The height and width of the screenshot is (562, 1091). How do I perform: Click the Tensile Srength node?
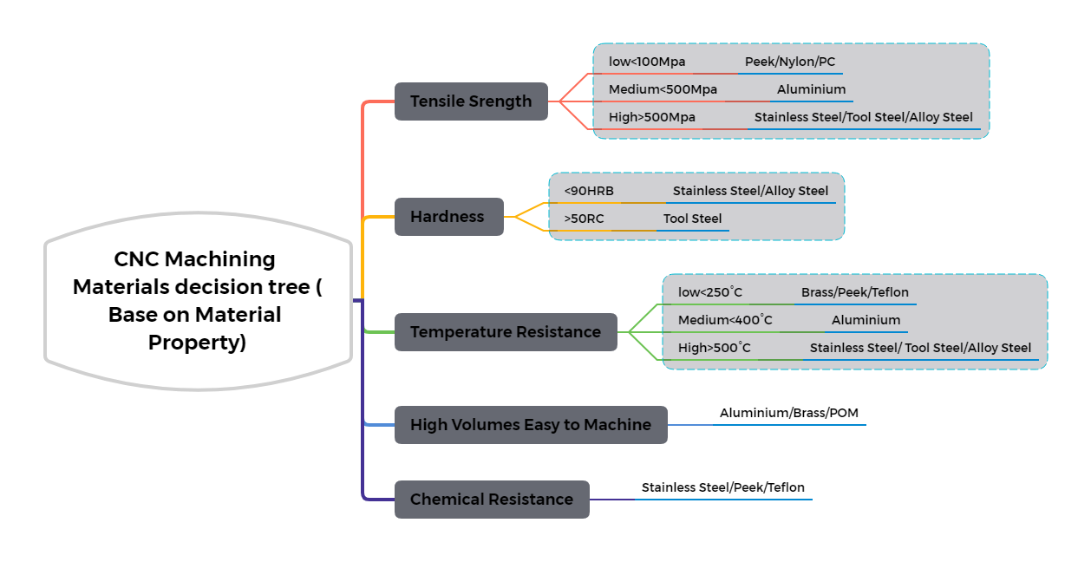[471, 101]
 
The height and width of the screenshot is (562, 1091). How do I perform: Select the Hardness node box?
[448, 217]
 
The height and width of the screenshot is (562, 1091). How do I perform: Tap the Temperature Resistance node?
[506, 332]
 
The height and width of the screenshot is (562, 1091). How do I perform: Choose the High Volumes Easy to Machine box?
[531, 425]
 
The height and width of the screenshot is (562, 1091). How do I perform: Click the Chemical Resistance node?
[492, 500]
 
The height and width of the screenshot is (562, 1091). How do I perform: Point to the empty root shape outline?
[199, 301]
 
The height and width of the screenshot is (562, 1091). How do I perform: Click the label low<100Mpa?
[647, 62]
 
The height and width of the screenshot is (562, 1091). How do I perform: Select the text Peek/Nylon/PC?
[789, 62]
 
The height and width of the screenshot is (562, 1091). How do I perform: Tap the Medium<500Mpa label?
[663, 89]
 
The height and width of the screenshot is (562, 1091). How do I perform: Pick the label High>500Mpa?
[652, 117]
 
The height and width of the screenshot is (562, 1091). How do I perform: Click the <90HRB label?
[589, 191]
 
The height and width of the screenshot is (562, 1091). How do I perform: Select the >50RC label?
[584, 219]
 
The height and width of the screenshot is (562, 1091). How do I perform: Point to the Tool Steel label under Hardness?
[692, 219]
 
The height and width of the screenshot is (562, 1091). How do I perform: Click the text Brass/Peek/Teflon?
[855, 292]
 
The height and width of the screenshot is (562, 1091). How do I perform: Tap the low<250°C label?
[710, 292]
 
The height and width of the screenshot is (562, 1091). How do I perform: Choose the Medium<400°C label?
[725, 320]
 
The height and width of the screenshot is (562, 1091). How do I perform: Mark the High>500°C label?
[715, 348]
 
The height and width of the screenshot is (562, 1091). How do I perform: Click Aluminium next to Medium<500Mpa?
[811, 89]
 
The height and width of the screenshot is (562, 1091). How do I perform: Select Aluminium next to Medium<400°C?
[866, 320]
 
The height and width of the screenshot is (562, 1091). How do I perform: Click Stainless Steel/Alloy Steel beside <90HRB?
[750, 191]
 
